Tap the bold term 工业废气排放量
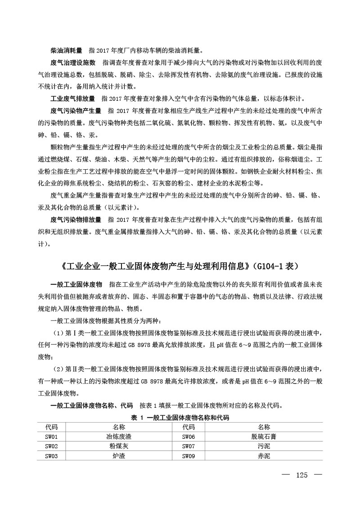pos(73,98)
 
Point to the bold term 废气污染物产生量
pos(76,110)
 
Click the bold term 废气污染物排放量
pos(76,220)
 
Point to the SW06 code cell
pos(189,437)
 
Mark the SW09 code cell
pos(189,456)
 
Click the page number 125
pos(301,475)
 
